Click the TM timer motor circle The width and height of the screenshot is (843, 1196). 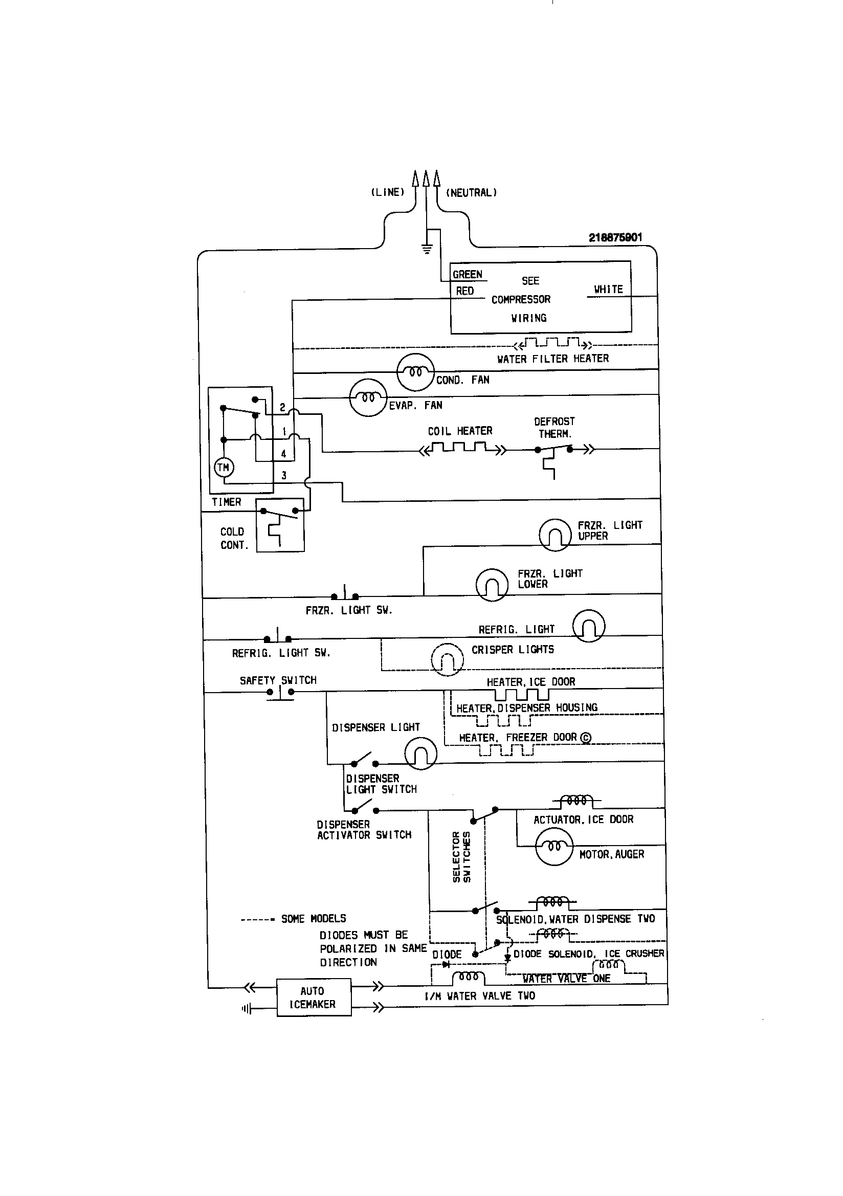(x=224, y=467)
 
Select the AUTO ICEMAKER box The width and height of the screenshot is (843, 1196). (x=314, y=997)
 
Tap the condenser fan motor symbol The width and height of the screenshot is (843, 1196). (x=415, y=372)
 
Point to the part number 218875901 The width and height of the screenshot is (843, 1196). (x=615, y=237)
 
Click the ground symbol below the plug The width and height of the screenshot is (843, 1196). (x=427, y=249)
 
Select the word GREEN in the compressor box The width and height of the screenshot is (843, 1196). (x=468, y=275)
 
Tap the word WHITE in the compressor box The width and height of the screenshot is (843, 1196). (x=608, y=289)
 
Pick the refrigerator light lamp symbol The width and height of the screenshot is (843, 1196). (x=588, y=626)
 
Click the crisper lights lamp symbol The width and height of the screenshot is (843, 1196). (x=447, y=659)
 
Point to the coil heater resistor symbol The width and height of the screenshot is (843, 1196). (x=462, y=448)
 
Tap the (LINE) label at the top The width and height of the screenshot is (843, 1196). (x=388, y=192)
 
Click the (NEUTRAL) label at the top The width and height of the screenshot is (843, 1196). (x=471, y=193)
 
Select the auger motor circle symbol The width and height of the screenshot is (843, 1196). (x=554, y=846)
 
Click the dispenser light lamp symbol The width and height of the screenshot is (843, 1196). (x=420, y=753)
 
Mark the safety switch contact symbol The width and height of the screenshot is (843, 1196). (x=280, y=692)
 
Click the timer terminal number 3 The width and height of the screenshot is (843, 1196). (x=284, y=475)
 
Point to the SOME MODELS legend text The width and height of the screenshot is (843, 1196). (x=313, y=918)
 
